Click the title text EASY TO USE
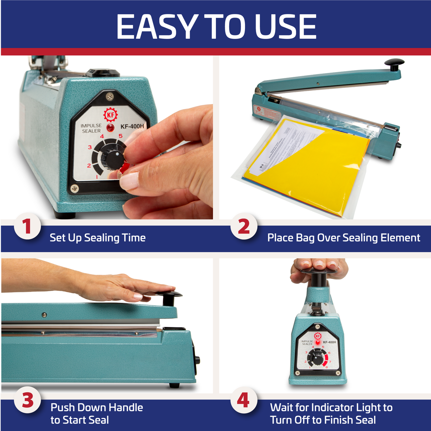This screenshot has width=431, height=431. point(216,27)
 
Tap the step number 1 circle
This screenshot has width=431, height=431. point(27,227)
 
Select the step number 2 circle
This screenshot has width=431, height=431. point(244,227)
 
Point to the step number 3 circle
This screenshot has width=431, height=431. point(27,400)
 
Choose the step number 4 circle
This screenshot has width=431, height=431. point(243,400)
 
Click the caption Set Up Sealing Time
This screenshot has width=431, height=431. point(97,238)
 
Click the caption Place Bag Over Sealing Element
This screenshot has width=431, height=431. point(343,238)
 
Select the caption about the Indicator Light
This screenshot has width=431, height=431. point(331,413)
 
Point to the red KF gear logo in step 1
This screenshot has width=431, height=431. point(110,115)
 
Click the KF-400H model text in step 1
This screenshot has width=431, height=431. point(132,126)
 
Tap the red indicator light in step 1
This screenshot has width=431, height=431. point(110,128)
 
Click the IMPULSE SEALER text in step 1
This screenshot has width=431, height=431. point(91,128)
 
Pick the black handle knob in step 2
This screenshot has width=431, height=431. point(394,64)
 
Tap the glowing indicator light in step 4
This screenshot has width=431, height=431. point(318,342)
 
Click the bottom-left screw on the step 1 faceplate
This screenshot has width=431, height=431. point(75,188)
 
